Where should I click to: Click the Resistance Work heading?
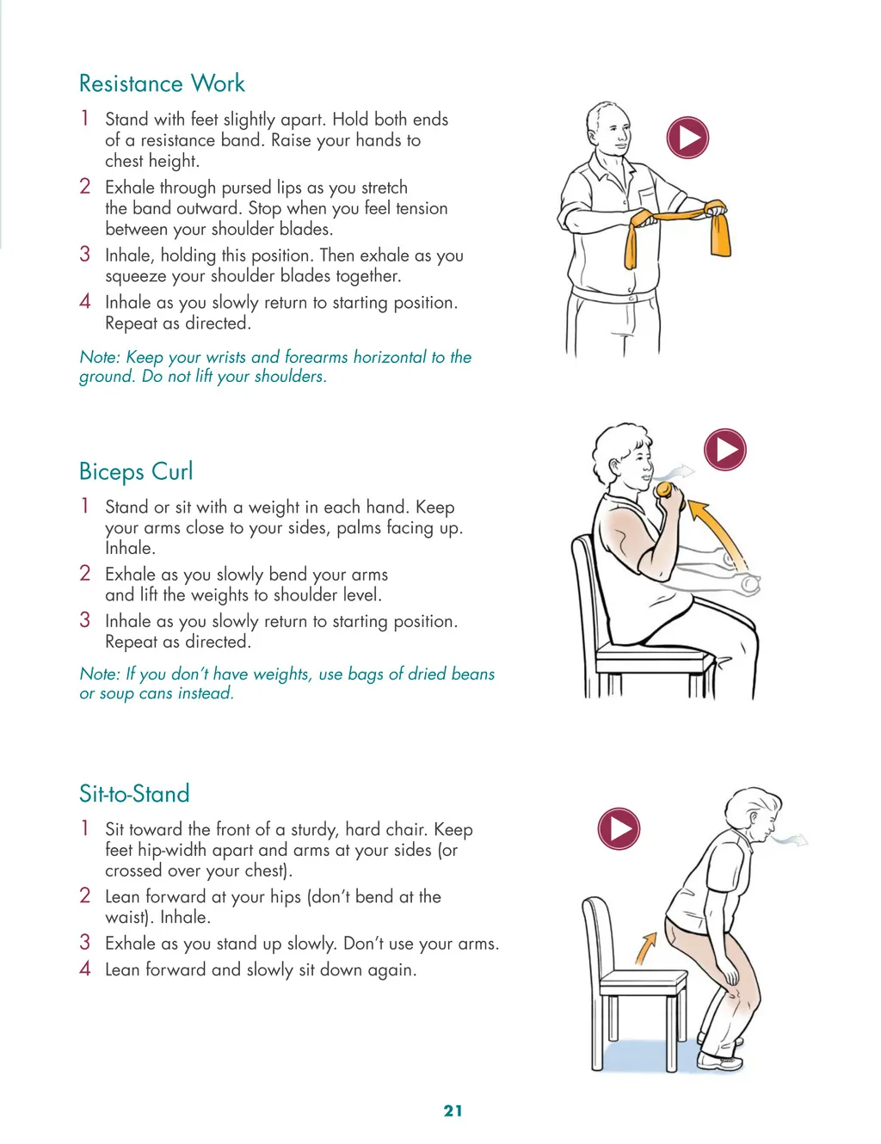162,83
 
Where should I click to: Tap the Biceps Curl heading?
136,471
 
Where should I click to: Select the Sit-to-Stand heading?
134,793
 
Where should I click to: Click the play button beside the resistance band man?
687,138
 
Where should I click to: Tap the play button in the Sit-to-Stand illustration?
619,828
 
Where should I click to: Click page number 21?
453,1110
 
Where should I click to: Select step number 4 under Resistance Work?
85,302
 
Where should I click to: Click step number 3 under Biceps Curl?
85,620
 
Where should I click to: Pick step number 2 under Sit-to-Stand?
85,895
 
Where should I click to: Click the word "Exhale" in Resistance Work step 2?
130,188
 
